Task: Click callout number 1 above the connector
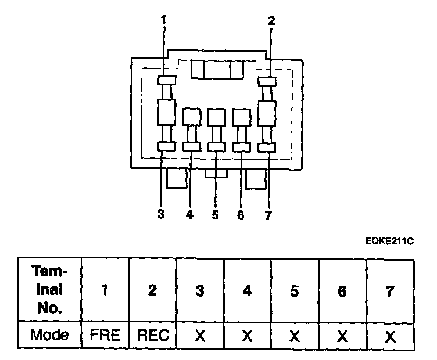[164, 20]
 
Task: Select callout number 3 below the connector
[161, 214]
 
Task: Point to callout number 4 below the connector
[189, 215]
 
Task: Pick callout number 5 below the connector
[215, 215]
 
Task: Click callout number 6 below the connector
[241, 215]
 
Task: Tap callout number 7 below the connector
[267, 215]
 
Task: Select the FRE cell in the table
[105, 335]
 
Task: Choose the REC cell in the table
[152, 335]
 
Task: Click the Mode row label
[49, 335]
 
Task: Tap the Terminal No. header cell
[49, 289]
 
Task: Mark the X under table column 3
[200, 335]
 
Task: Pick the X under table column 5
[295, 335]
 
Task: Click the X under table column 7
[390, 335]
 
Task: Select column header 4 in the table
[247, 291]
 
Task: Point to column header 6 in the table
[342, 291]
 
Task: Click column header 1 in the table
[105, 291]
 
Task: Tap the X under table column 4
[247, 335]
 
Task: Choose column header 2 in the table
[152, 291]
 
